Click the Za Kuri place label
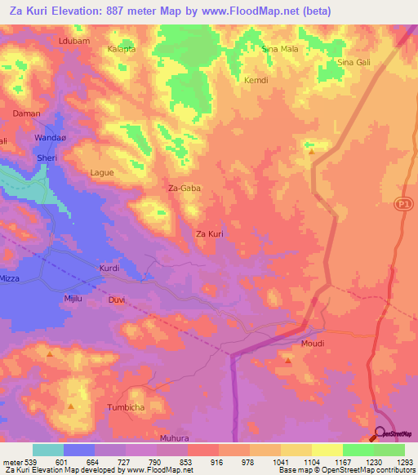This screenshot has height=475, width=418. [x=210, y=234]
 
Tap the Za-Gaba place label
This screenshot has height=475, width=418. [x=184, y=188]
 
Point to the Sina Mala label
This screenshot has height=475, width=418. [x=279, y=49]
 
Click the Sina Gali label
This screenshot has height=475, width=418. [x=355, y=63]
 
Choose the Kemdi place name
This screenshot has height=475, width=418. [x=256, y=80]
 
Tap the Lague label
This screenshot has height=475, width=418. [x=102, y=173]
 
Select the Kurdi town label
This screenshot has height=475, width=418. [x=109, y=269]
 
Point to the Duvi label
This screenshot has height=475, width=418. [x=117, y=300]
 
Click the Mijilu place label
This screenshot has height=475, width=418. [x=73, y=300]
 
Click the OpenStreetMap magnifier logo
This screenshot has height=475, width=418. [x=380, y=434]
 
